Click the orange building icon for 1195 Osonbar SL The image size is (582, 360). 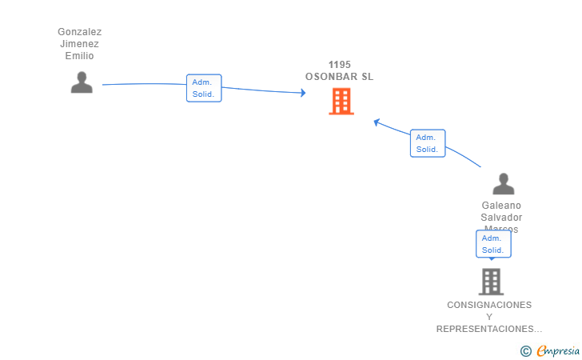pos(341,102)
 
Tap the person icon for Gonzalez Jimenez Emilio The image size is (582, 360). pos(82,82)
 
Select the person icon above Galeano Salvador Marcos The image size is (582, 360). pos(503,184)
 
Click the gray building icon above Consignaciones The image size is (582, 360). pos(491,282)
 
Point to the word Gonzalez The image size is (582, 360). pos(79,32)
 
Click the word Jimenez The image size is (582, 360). pos(79,44)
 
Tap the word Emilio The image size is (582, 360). pos(79,56)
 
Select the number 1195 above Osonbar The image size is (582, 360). pos(340,65)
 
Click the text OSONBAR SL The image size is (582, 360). pos(340,77)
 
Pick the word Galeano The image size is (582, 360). pos(501,206)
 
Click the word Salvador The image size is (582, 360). pos(501,218)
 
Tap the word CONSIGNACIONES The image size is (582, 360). pos(489,305)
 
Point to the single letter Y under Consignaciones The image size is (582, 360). pos(489,317)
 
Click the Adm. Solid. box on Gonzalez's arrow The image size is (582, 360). pos(204,88)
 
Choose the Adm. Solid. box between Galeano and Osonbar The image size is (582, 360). pos(427,143)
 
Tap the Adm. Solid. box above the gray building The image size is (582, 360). pos(493,244)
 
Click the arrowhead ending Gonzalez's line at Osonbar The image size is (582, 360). pos(302,93)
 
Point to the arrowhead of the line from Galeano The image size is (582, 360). pos(377,122)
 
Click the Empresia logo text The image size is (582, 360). pos(557,350)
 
